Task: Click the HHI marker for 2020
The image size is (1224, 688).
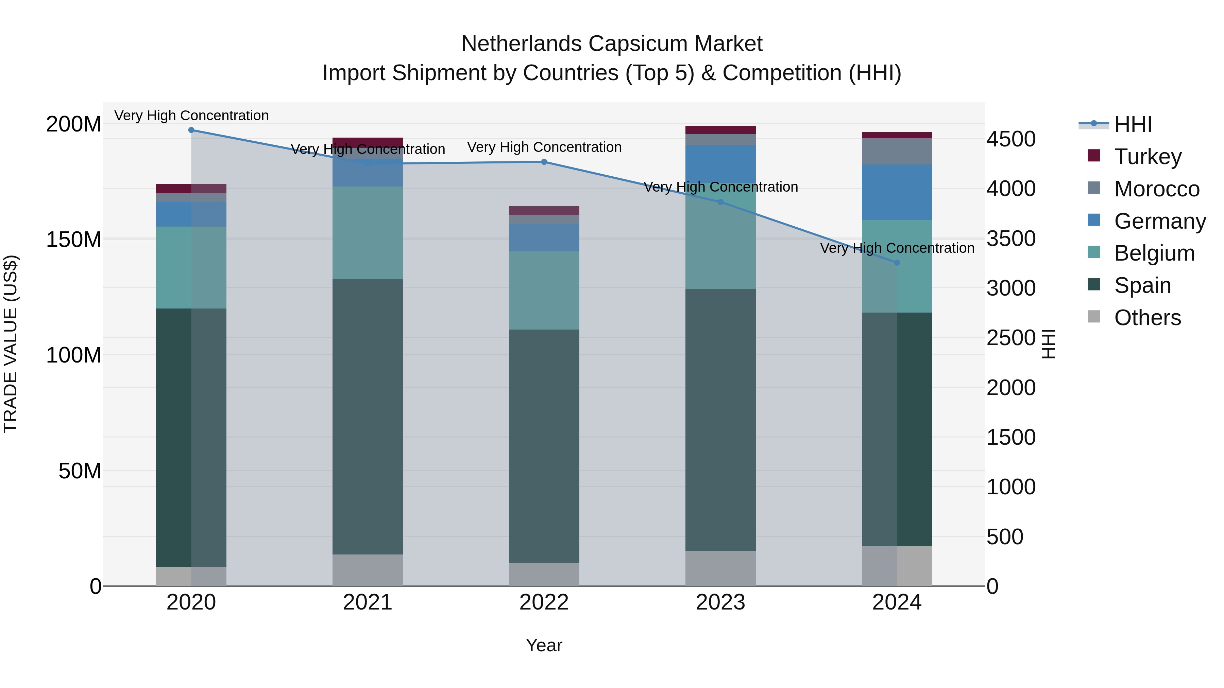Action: (191, 130)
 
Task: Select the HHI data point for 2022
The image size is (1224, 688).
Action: (544, 162)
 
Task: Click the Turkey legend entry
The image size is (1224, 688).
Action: (1147, 157)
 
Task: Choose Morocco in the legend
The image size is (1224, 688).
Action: (1157, 189)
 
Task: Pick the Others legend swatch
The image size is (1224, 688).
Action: (1094, 317)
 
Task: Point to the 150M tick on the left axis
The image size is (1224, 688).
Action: (74, 239)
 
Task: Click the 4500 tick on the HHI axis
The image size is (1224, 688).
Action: (1011, 139)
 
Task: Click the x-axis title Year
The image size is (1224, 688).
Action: (544, 645)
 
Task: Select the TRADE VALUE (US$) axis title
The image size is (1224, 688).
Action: (11, 344)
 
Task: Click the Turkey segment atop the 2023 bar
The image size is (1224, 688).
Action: (720, 130)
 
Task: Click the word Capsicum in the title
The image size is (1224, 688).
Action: (641, 44)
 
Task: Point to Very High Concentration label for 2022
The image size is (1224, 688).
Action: (544, 147)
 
